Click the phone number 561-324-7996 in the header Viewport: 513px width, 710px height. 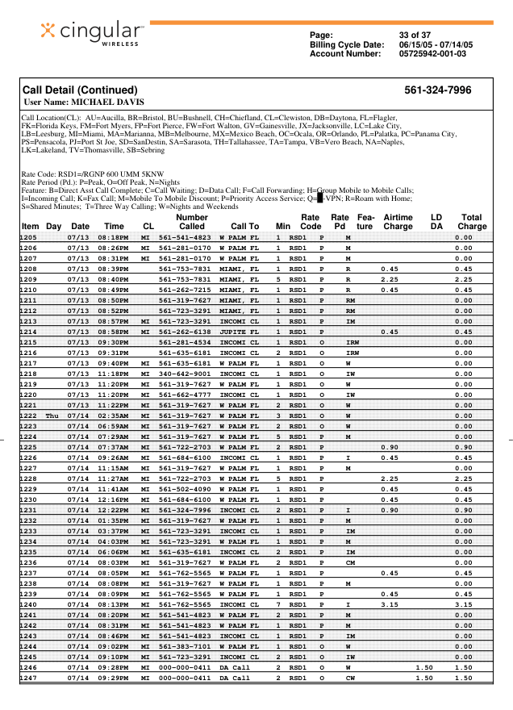coord(437,90)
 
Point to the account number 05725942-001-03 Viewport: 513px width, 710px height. coord(432,53)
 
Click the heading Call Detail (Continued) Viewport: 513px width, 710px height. coord(80,90)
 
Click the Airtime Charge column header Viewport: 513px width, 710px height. coord(398,222)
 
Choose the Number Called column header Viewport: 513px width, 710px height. coord(191,222)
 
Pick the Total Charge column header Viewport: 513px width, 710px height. coord(472,222)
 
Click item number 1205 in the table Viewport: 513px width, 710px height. coord(29,237)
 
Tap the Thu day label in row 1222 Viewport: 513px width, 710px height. coord(53,416)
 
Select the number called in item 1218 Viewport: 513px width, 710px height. coord(185,374)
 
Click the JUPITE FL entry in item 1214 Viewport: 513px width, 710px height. coord(240,332)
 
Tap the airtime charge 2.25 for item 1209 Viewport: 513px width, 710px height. coord(390,279)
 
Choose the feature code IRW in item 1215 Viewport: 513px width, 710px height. coord(352,342)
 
